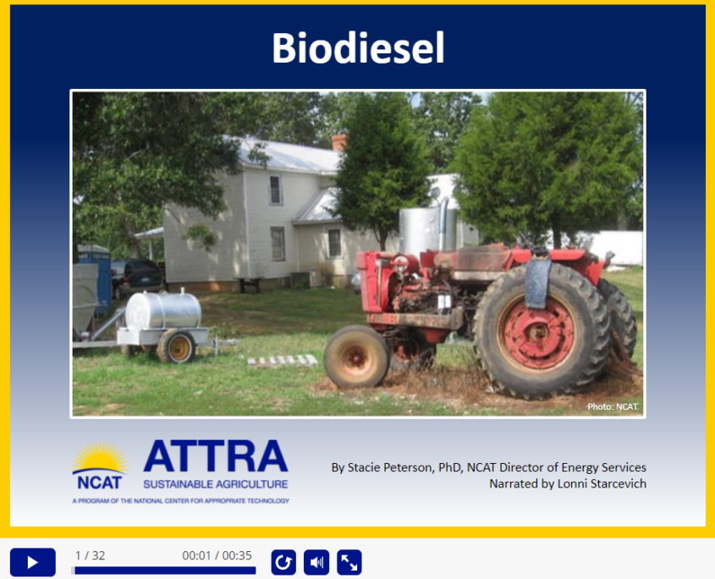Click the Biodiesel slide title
click(358, 48)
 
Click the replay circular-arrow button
click(283, 562)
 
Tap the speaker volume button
click(316, 562)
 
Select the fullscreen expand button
click(349, 562)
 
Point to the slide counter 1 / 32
click(90, 555)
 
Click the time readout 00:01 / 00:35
click(217, 555)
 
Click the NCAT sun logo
click(99, 466)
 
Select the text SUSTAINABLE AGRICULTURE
click(216, 484)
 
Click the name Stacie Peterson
click(389, 467)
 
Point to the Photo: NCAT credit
click(612, 406)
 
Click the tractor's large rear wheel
click(542, 331)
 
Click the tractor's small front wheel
click(356, 356)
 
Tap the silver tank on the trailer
click(163, 311)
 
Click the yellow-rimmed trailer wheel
click(177, 346)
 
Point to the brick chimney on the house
click(339, 141)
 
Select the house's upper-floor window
click(275, 190)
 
